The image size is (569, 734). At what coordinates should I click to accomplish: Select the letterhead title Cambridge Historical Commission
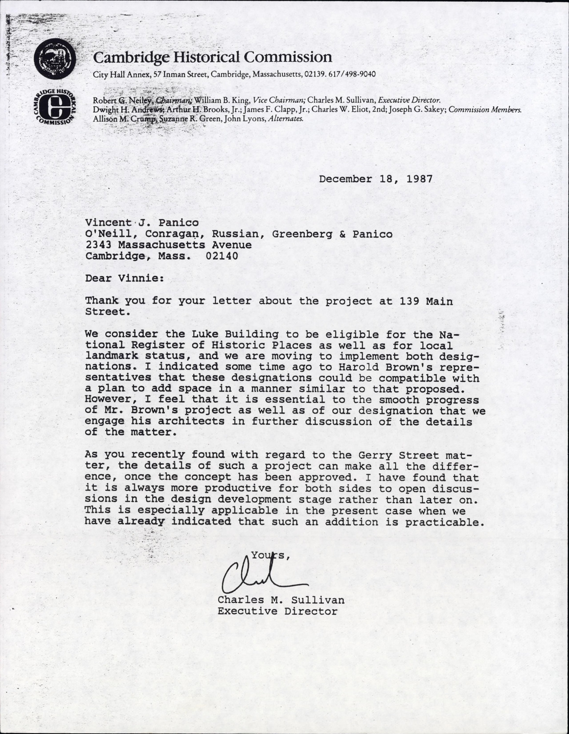[x=212, y=57]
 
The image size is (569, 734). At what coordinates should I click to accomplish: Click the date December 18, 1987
[x=376, y=179]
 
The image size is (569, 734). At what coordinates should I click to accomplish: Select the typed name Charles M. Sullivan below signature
[x=281, y=600]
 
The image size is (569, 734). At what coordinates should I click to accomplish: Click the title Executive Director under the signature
[x=277, y=611]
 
